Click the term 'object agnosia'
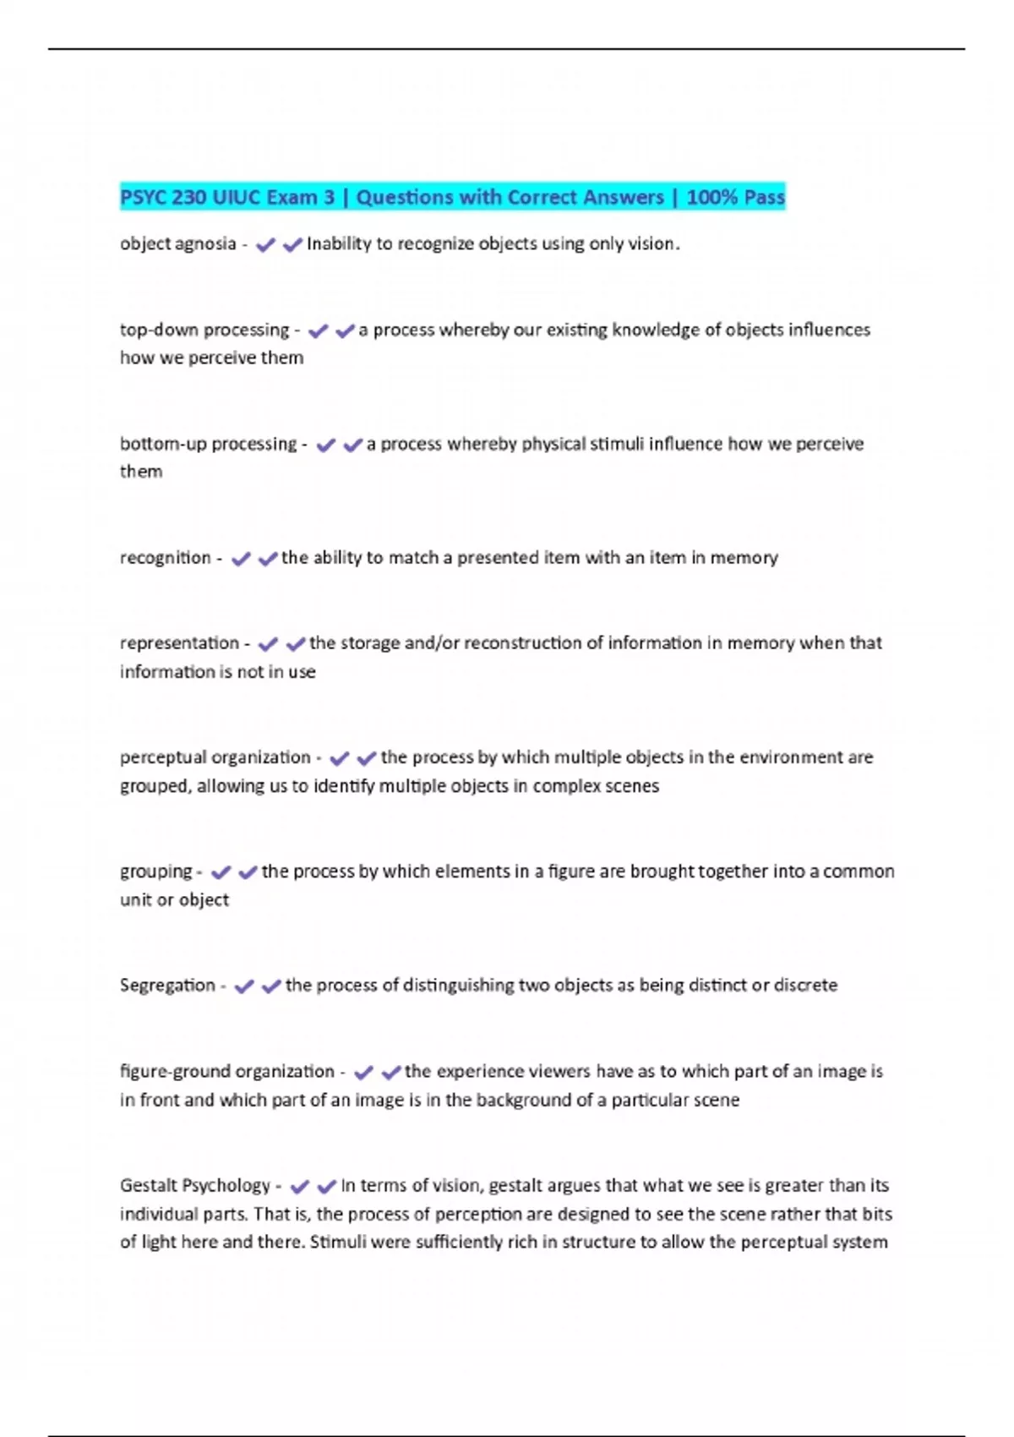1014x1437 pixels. tap(177, 244)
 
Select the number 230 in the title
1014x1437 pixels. tap(188, 198)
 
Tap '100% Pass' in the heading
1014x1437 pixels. tap(735, 198)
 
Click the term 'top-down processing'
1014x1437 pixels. tap(204, 331)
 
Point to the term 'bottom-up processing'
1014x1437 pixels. tap(208, 445)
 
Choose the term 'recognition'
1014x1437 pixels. tap(165, 558)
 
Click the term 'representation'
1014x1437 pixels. tap(179, 643)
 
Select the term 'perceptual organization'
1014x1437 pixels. tap(215, 757)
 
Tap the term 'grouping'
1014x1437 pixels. tap(156, 871)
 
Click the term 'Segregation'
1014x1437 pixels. tap(167, 986)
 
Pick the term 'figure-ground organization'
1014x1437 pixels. tap(226, 1072)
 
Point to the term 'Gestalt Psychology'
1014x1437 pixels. tap(194, 1186)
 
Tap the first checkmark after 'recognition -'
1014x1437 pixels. tap(241, 559)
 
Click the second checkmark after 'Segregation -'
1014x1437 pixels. tap(271, 986)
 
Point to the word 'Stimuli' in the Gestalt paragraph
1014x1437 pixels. tap(337, 1243)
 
